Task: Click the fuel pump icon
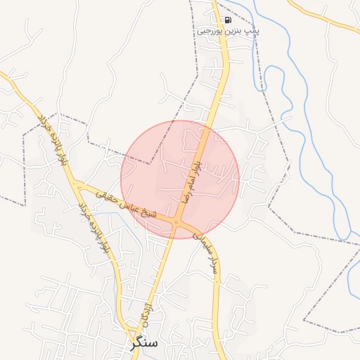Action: [227, 20]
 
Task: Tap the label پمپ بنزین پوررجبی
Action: [228, 31]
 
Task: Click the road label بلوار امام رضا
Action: [191, 176]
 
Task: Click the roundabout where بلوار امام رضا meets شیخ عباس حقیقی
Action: [176, 224]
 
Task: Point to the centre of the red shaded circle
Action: [180, 180]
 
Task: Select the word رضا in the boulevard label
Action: [187, 191]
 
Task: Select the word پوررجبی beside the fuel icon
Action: [210, 31]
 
